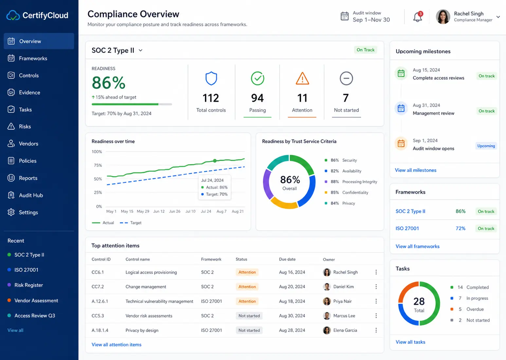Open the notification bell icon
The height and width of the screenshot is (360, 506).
[x=417, y=17]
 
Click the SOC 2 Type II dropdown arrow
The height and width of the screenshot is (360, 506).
[x=140, y=50]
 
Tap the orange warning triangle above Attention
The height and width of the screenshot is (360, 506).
[x=302, y=78]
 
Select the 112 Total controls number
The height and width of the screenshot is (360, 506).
[x=211, y=98]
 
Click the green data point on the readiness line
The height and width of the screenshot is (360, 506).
[x=215, y=161]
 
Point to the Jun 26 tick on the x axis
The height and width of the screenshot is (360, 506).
[x=175, y=211]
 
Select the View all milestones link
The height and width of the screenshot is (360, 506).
[x=415, y=170]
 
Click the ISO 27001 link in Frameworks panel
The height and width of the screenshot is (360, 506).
[x=407, y=228]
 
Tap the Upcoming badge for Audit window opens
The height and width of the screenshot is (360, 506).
[x=486, y=146]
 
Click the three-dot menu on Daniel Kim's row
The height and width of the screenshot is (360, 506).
[x=376, y=287]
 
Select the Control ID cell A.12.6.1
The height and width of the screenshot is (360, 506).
[x=100, y=301]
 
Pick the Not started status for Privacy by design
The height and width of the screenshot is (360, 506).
[x=249, y=330]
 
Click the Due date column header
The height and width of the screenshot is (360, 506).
[x=287, y=259]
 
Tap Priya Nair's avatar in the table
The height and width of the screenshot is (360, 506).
[x=327, y=301]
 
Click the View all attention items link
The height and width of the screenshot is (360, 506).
[x=116, y=345]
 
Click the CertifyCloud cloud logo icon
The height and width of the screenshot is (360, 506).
[x=13, y=15]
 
